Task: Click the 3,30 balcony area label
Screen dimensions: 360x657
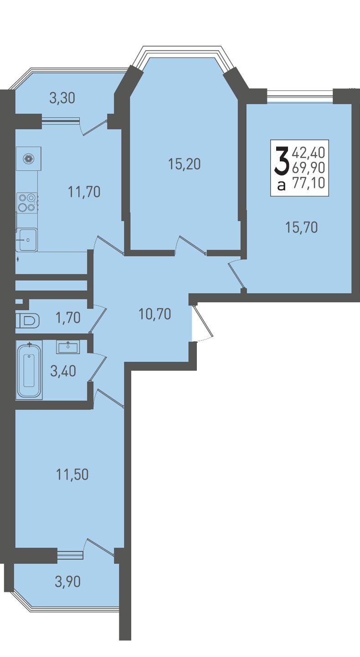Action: click(x=62, y=98)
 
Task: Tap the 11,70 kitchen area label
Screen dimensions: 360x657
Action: click(x=84, y=192)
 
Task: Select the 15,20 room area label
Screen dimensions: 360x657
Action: click(x=185, y=164)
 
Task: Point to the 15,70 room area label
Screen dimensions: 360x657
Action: click(x=302, y=228)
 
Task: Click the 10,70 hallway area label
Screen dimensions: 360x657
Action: click(x=155, y=314)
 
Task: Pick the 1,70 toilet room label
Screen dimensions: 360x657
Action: click(x=68, y=318)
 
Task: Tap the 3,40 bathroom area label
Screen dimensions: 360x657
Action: click(x=63, y=371)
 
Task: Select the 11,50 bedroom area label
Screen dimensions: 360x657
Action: click(x=72, y=475)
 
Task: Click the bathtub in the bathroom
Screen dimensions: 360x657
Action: click(x=29, y=370)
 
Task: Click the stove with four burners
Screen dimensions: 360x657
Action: click(x=27, y=203)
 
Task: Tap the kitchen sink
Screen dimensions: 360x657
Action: click(x=27, y=240)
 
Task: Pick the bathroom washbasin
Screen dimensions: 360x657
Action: click(x=68, y=347)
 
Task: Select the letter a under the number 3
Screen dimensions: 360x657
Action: click(x=281, y=186)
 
